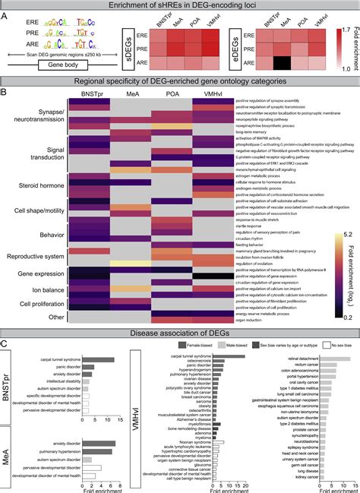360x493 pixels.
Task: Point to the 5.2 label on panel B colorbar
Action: coord(346,213)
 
